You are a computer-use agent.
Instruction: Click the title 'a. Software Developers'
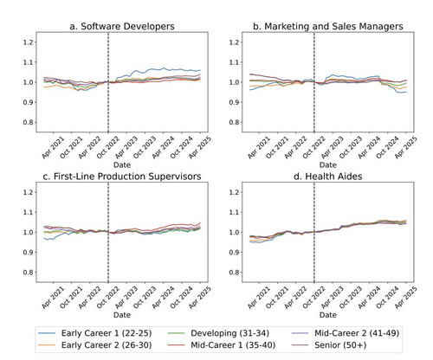(122, 26)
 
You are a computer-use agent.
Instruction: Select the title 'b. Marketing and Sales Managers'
(328, 26)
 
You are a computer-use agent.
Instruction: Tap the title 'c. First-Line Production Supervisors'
(122, 177)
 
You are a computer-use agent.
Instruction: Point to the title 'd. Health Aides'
(328, 177)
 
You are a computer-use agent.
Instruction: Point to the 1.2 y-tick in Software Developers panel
(29, 42)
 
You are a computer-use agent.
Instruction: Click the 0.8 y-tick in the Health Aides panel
(234, 273)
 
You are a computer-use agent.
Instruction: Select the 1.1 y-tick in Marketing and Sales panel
(234, 62)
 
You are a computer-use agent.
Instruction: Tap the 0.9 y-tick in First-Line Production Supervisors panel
(29, 253)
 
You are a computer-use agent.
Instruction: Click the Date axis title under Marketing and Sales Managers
(328, 165)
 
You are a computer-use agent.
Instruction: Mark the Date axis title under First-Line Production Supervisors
(122, 315)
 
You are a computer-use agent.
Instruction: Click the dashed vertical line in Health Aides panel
(314, 232)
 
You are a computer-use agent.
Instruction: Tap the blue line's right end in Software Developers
(200, 70)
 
